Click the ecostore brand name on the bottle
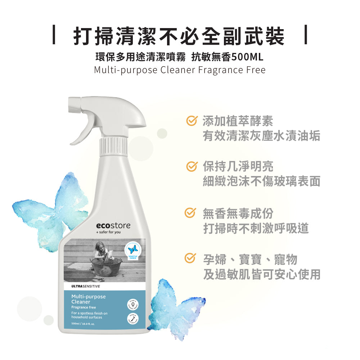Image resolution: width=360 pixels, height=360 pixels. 113,225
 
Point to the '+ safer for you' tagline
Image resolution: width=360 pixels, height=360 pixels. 108,233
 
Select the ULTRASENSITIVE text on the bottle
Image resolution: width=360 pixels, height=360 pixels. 86,286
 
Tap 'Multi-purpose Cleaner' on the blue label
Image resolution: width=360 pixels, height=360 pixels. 88,299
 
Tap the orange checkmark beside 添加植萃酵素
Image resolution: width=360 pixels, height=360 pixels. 191,121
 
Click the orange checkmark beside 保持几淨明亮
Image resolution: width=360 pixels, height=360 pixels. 191,166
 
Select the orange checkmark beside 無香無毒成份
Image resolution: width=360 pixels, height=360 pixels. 191,213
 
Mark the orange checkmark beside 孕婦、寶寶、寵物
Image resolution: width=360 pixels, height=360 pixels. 191,258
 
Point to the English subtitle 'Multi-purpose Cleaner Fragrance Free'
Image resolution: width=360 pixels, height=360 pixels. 179,69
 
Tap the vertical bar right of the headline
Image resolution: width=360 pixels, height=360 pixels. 306,35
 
